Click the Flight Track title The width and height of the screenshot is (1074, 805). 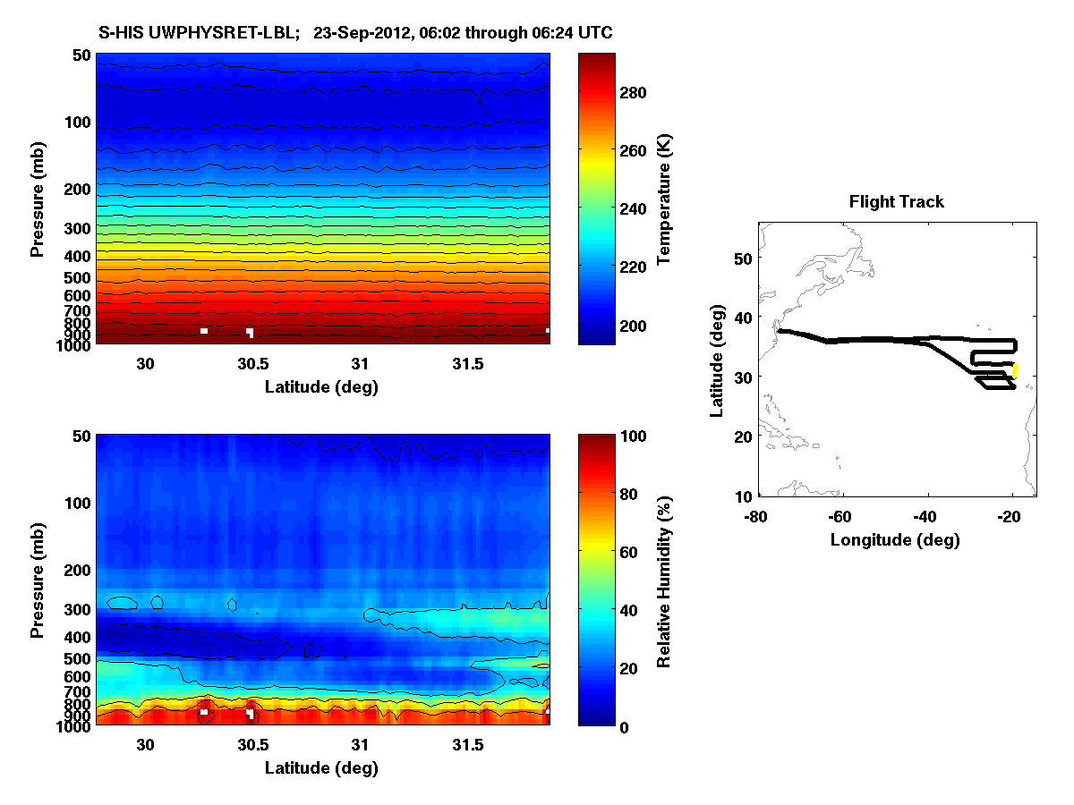coord(896,202)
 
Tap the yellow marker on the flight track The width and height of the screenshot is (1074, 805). coord(1015,369)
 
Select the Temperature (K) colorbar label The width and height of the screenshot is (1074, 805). coord(665,199)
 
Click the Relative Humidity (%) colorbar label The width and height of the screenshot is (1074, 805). coord(665,580)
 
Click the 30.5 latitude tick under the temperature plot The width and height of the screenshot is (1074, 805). coord(252,365)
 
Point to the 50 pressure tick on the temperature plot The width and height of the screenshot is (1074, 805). coord(81,55)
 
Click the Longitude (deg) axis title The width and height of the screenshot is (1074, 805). coord(895,540)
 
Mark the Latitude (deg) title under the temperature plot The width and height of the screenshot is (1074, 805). coord(321,387)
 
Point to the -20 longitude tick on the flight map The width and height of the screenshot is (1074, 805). coord(1010,517)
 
